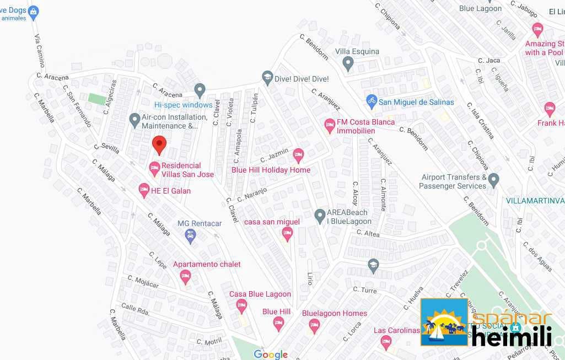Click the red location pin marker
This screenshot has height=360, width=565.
159,145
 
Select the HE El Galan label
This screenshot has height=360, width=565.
171,191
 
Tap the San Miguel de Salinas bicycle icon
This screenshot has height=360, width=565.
372,101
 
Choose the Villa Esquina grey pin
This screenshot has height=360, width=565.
348,65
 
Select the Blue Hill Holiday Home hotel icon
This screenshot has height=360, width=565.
298,155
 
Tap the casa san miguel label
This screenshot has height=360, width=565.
272,222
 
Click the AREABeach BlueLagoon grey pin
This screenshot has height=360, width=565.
320,216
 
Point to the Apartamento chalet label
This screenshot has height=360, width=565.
207,264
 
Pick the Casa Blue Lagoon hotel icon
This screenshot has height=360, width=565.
241,307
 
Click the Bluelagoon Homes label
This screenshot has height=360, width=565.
334,313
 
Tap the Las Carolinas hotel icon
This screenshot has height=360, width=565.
386,342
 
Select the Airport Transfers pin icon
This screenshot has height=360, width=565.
493,180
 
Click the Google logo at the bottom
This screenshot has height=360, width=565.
271,354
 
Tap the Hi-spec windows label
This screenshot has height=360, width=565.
183,105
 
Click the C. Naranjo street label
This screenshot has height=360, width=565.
252,194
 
